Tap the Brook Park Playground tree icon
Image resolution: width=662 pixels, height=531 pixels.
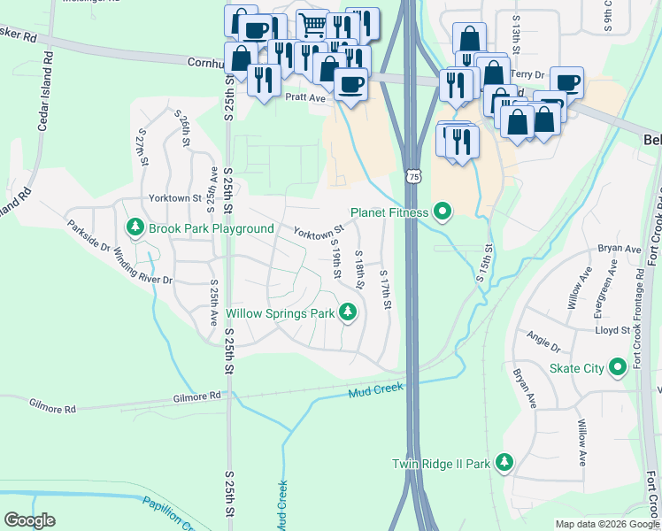(x=135, y=228)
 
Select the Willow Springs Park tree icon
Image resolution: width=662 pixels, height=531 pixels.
(x=349, y=312)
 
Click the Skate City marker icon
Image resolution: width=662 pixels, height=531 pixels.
(x=618, y=368)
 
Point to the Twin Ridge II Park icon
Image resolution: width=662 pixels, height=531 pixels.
(x=504, y=463)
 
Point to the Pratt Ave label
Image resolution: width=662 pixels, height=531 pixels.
(x=306, y=98)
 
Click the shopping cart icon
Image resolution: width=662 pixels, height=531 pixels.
(x=312, y=23)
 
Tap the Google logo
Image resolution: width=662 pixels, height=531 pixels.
(x=29, y=520)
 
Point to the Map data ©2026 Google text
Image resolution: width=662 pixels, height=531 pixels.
(x=607, y=524)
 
